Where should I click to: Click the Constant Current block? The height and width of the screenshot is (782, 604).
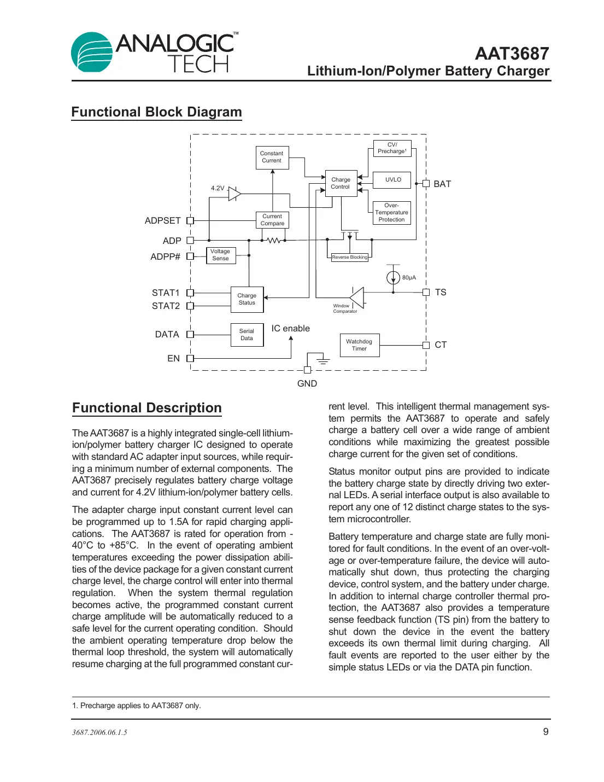(272, 157)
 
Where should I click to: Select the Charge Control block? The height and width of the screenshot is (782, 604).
(341, 183)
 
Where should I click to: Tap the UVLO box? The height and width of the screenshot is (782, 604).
(393, 180)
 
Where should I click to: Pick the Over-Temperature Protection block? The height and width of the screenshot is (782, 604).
(391, 213)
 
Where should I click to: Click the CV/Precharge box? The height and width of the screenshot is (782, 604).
(392, 148)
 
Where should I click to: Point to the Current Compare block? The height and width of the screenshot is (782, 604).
(272, 220)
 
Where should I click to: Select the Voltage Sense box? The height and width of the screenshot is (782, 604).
(221, 255)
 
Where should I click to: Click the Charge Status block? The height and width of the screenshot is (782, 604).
(247, 299)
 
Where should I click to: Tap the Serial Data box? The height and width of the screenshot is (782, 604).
(247, 335)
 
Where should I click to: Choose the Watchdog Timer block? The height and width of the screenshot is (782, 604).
(359, 345)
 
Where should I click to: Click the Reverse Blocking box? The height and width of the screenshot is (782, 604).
(350, 257)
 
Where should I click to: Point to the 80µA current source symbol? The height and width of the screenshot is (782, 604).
(393, 278)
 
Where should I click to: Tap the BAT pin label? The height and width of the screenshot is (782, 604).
(442, 184)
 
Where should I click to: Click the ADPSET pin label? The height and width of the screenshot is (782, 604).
(162, 221)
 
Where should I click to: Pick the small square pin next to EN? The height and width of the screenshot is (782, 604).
(190, 359)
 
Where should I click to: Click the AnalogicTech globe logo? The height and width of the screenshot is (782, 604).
(91, 52)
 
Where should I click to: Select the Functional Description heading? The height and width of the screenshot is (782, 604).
(147, 408)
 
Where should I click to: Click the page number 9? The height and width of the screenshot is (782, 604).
(546, 732)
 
